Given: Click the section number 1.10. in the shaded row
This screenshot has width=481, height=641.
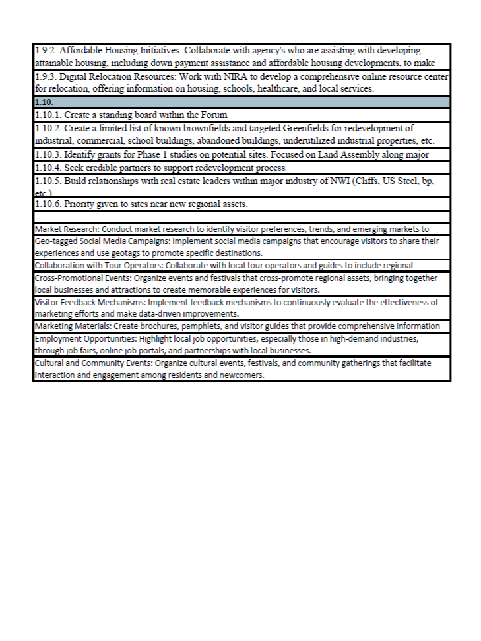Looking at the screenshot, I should point(44,103).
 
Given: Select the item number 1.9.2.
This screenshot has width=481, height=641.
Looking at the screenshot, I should point(46,50).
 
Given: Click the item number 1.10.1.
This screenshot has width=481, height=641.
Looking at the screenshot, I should point(48,115).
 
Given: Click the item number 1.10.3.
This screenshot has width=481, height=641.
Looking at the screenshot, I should point(48,154).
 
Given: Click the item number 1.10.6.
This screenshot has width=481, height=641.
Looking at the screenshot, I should point(48,204).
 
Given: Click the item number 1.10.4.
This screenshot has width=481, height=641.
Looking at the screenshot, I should point(48,168).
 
